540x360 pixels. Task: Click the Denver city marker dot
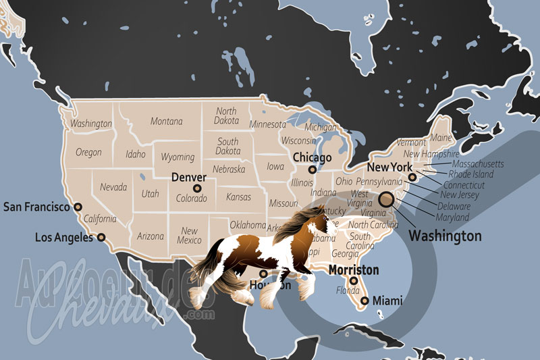tap(197, 188)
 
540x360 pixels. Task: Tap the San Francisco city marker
tap(78, 207)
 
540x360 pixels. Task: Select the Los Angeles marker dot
tap(101, 237)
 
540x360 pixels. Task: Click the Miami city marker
tap(365, 301)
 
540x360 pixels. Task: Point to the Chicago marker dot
tap(312, 170)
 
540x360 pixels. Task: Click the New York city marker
tap(412, 178)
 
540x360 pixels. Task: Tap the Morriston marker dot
tap(354, 281)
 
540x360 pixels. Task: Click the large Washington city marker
tap(386, 199)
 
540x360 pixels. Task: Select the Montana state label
tap(167, 122)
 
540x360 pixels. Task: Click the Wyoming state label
tap(177, 157)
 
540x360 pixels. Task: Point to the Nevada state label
tap(113, 186)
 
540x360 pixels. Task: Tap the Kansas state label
tap(238, 197)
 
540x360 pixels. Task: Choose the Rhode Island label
tap(472, 174)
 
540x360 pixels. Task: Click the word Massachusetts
tap(477, 164)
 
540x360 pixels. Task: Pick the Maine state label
tap(441, 138)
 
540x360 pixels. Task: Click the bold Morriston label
tap(353, 269)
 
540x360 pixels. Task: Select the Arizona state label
tap(150, 236)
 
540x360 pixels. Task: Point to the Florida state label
tap(348, 292)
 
